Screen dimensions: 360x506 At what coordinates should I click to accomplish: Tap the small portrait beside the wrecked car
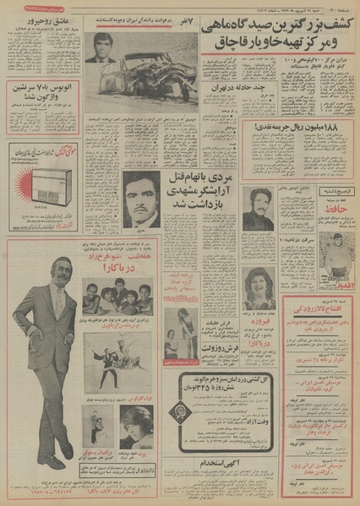100,52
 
